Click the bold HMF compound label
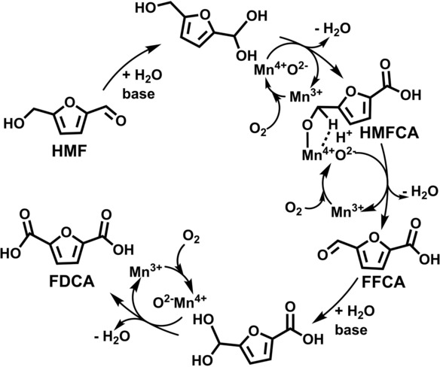[x=69, y=151]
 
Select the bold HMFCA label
[x=390, y=133]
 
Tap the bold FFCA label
[x=383, y=282]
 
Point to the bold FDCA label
[x=72, y=282]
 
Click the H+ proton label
[x=344, y=138]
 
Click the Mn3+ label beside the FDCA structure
[x=145, y=271]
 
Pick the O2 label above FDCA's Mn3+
[x=191, y=240]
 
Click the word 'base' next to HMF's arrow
[x=139, y=94]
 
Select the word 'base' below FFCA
[x=351, y=329]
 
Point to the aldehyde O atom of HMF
[x=121, y=121]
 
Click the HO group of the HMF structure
[x=14, y=123]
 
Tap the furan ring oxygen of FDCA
[x=66, y=232]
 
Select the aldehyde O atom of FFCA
[x=323, y=255]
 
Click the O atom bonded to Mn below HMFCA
[x=308, y=126]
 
